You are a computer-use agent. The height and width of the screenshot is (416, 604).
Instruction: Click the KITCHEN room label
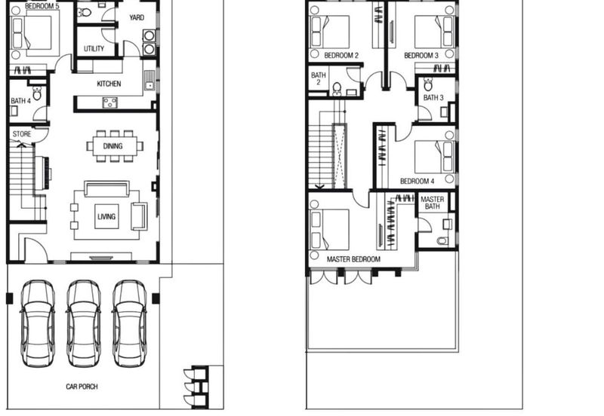[x=109, y=84]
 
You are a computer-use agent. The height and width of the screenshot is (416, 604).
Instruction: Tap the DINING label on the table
[x=112, y=146]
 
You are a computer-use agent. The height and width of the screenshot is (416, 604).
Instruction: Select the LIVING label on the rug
[x=106, y=216]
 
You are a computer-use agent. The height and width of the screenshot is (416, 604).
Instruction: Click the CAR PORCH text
[x=82, y=387]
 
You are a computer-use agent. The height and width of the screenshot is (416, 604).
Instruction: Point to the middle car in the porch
[x=84, y=323]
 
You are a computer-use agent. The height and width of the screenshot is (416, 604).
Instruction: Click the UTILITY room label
[x=94, y=48]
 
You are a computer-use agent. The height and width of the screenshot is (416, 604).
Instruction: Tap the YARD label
[x=137, y=17]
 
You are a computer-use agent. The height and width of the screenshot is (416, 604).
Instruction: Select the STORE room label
[x=22, y=134]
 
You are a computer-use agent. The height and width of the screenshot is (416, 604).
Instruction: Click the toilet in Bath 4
[x=37, y=93]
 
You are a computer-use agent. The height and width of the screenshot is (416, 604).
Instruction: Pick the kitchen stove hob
[x=109, y=102]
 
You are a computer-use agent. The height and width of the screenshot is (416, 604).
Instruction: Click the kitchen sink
[x=149, y=81]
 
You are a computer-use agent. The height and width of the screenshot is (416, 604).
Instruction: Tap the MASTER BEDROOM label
[x=353, y=259]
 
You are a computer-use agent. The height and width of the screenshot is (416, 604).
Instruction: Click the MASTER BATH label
[x=432, y=203]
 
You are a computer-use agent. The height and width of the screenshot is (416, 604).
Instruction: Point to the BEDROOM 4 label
[x=418, y=181]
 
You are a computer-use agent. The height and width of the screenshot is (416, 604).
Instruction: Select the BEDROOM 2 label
[x=341, y=55]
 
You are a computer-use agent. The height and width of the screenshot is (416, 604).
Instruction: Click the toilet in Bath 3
[x=428, y=84]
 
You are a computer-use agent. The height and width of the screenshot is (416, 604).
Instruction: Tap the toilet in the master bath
[x=442, y=241]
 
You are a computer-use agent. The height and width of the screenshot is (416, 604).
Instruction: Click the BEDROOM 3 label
[x=421, y=55]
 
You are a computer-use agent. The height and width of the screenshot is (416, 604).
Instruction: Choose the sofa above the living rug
[x=106, y=189]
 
